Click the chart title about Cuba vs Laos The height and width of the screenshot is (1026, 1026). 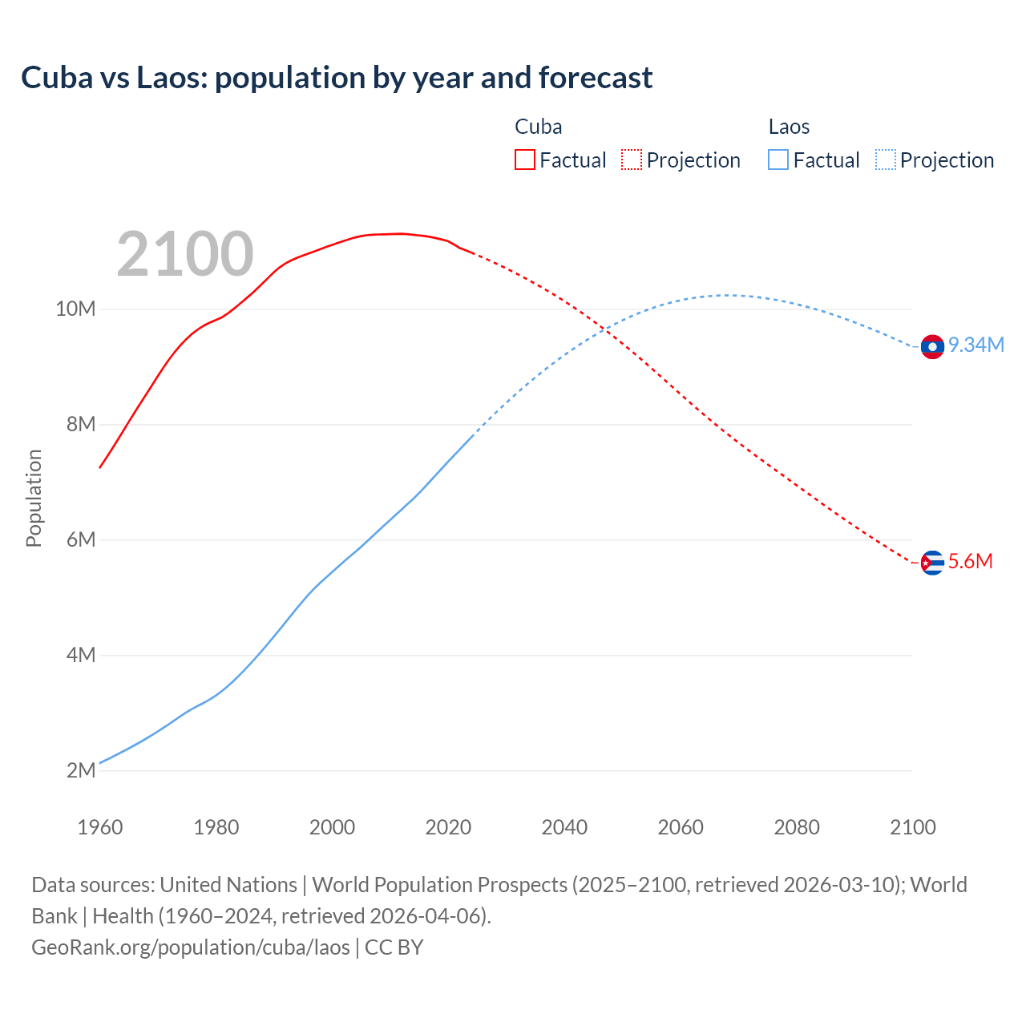tap(337, 78)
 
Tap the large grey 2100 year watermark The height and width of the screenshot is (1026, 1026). tap(185, 254)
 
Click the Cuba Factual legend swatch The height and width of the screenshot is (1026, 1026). tap(524, 160)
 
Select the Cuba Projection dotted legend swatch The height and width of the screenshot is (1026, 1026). tap(631, 160)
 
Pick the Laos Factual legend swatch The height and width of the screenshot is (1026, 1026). tap(778, 160)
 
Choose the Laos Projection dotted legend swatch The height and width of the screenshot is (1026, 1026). tap(885, 160)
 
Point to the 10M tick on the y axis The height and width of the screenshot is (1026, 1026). tap(75, 309)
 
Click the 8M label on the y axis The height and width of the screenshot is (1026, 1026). tap(80, 424)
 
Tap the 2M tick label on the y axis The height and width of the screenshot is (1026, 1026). tap(80, 770)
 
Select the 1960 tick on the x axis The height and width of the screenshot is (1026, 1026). tap(100, 827)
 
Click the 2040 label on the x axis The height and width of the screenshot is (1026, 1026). tap(564, 827)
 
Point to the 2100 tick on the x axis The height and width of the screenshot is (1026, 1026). tap(912, 827)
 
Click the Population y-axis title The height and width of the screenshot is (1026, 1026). tap(34, 498)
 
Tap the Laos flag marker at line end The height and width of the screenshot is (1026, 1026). tap(932, 346)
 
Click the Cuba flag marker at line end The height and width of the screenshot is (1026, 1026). tap(932, 563)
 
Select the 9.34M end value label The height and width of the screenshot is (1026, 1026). tap(976, 345)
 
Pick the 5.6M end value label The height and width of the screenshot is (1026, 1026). tap(970, 562)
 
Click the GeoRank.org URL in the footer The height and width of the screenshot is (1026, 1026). tap(191, 947)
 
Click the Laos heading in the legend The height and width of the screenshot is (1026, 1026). tap(789, 127)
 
